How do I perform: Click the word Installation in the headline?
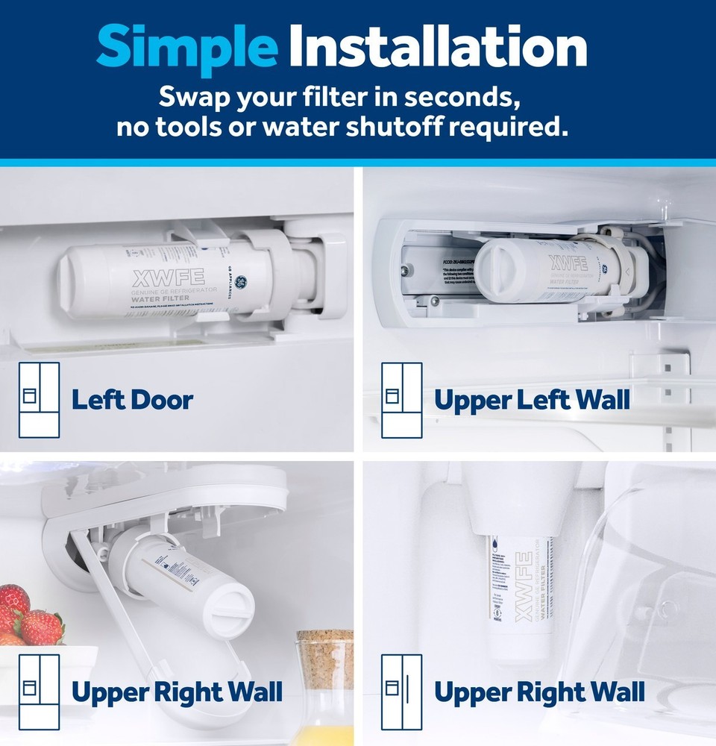click(x=437, y=46)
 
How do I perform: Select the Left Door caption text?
click(x=132, y=400)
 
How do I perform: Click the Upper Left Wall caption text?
click(x=532, y=400)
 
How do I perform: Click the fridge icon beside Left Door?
click(x=38, y=399)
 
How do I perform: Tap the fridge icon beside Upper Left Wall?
click(x=401, y=399)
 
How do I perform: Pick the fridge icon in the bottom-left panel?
click(x=38, y=692)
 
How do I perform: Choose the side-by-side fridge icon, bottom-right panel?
click(x=401, y=692)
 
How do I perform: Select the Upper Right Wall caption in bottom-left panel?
click(x=177, y=692)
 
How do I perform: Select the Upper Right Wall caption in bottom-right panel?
click(x=539, y=692)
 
